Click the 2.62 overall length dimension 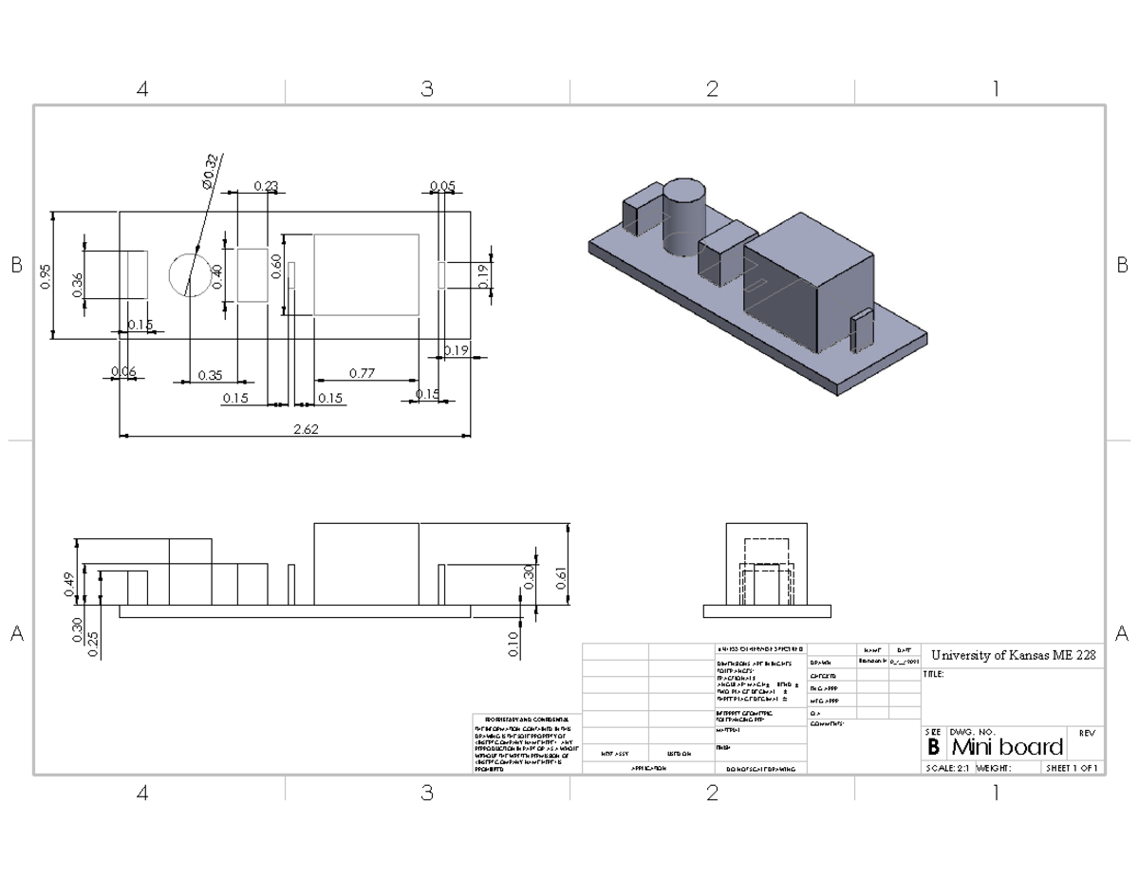point(306,429)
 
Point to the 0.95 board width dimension point(46,275)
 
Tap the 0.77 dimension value point(362,373)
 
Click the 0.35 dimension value point(211,375)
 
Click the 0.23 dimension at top point(266,186)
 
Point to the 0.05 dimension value point(441,186)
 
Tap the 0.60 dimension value point(276,267)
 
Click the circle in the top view point(189,275)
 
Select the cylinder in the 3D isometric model point(683,216)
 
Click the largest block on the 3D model point(807,280)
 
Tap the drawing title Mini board point(1006,747)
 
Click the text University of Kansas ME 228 point(1012,655)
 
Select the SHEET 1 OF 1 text point(1072,768)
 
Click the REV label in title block point(1088,733)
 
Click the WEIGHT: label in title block point(993,768)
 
